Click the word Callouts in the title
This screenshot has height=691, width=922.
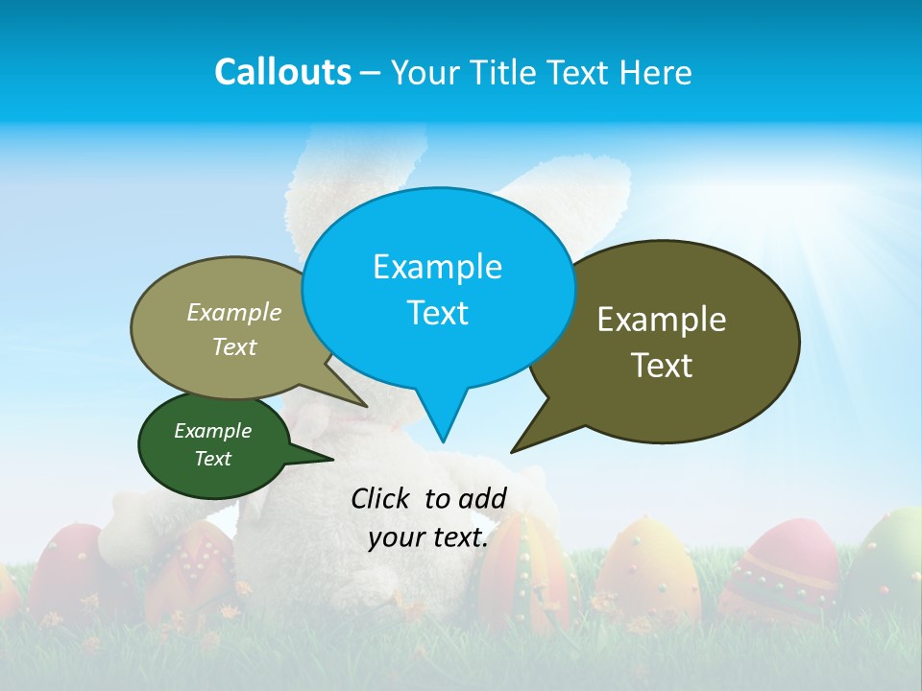[x=282, y=72]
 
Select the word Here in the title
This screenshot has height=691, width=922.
[x=656, y=72]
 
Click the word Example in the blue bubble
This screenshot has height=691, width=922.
[x=438, y=267]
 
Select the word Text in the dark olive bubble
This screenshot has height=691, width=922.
[x=662, y=366]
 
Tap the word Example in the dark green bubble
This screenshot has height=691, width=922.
[x=213, y=431]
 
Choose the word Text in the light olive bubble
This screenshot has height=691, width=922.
[x=234, y=346]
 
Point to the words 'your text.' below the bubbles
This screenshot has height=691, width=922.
[x=427, y=537]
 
